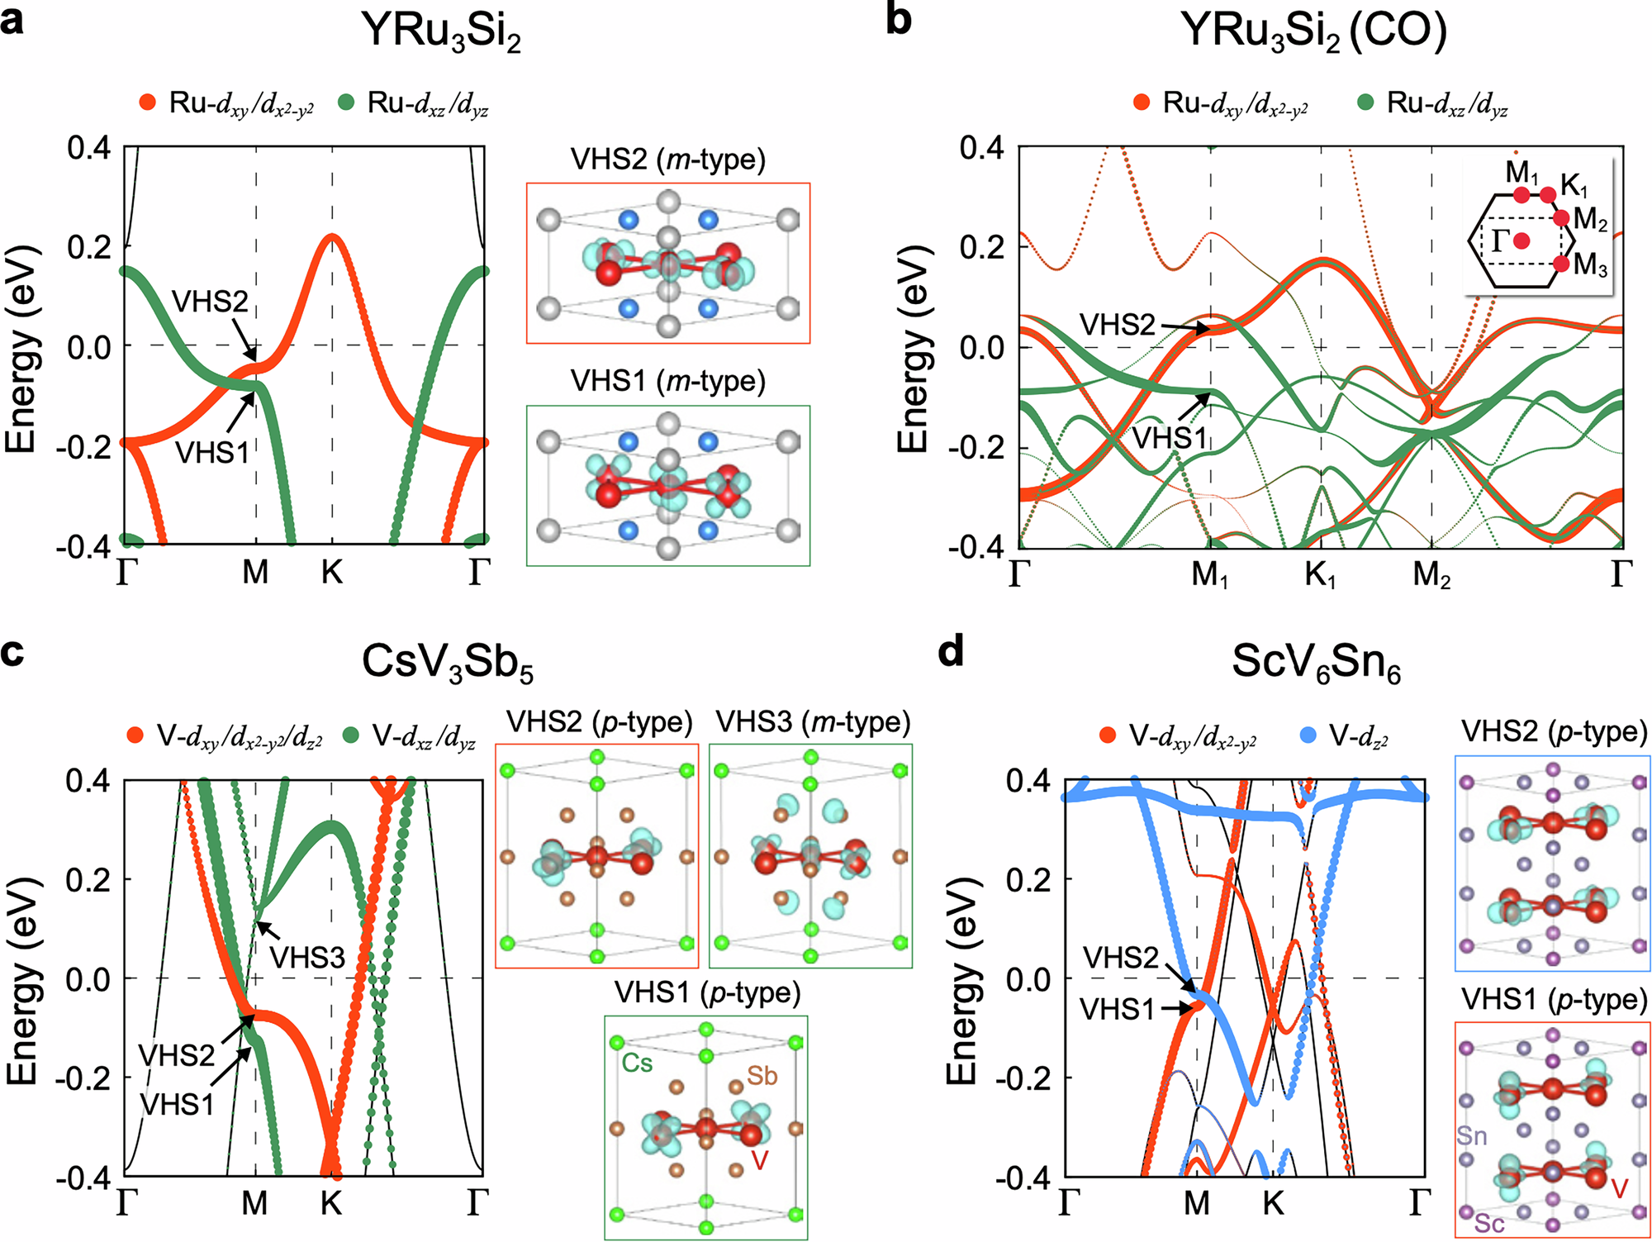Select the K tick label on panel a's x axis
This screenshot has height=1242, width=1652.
coord(332,572)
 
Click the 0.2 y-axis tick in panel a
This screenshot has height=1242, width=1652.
coord(88,246)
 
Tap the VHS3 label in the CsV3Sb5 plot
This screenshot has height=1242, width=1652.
coord(307,958)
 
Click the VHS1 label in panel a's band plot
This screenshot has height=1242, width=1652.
coord(211,453)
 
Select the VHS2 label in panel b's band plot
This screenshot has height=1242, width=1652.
coord(1118,325)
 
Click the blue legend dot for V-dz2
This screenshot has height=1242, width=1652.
coord(1308,735)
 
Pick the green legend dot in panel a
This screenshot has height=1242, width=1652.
coord(347,102)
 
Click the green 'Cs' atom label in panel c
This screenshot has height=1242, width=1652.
coord(637,1063)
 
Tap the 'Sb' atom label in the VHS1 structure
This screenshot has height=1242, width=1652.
coord(762,1076)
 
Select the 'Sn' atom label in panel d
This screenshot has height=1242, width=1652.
coord(1472,1135)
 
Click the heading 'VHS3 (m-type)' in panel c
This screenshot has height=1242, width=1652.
coord(813,723)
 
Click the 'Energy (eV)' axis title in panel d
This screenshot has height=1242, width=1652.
coord(961,979)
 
